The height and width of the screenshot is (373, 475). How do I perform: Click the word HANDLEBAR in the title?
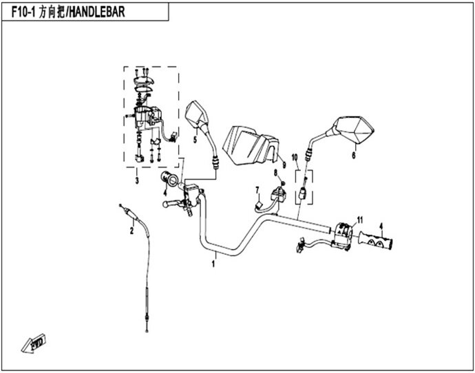coord(98,12)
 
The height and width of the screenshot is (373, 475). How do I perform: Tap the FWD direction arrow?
coord(33,343)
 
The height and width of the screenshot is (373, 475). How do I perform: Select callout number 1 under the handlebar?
coord(213,264)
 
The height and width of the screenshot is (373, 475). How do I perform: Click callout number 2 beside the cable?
coord(131,231)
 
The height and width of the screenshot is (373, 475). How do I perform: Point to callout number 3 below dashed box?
coord(137,181)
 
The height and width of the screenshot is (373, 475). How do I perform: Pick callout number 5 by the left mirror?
coord(195,140)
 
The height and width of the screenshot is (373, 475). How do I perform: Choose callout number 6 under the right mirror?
coord(354,156)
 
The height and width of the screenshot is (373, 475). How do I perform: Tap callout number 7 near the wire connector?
coord(257,191)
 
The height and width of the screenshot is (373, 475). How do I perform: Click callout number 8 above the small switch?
coord(275,173)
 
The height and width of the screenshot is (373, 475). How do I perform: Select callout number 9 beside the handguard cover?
coord(284,165)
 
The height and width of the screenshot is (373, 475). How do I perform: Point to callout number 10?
coord(295,158)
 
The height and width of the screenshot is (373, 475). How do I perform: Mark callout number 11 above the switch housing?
coord(359,220)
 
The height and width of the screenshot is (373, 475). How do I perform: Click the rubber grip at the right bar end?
coord(376,239)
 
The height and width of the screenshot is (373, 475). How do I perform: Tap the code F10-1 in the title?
coord(23,12)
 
